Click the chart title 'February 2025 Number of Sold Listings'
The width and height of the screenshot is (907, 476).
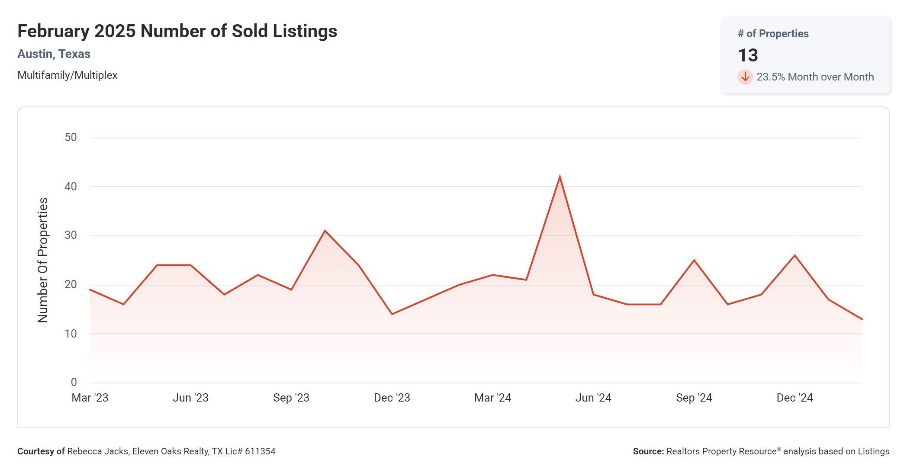(x=177, y=31)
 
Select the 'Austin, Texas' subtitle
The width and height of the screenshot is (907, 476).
(x=54, y=54)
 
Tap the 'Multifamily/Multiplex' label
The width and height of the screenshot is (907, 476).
(x=67, y=75)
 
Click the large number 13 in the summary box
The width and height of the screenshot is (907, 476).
(x=748, y=55)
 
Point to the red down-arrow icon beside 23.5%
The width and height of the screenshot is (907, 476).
(x=745, y=77)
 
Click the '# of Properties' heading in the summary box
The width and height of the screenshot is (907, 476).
(x=773, y=34)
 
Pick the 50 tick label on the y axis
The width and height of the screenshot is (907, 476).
(x=71, y=138)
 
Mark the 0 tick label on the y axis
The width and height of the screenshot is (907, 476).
(x=74, y=383)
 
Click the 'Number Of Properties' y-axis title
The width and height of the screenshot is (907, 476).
(x=43, y=260)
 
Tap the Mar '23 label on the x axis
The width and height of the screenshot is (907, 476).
(x=90, y=398)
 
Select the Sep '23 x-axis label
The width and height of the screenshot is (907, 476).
(x=291, y=398)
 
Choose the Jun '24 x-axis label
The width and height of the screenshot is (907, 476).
(x=593, y=398)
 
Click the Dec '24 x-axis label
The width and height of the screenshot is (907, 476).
(x=794, y=398)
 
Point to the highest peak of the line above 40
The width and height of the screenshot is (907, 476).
(x=560, y=177)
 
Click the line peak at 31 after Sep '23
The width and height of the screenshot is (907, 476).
(x=325, y=231)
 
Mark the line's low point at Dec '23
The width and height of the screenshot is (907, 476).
(x=392, y=314)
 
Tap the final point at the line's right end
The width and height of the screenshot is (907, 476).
(x=862, y=319)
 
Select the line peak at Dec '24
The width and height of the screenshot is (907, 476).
(x=794, y=255)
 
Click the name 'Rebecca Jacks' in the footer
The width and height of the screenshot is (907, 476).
(x=97, y=451)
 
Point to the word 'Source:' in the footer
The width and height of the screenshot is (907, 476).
(x=648, y=451)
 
